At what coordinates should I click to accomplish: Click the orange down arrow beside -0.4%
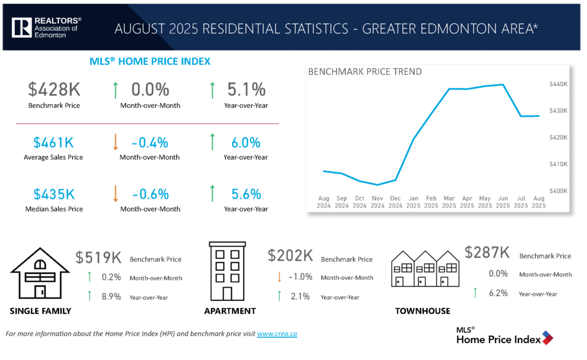(x=115, y=142)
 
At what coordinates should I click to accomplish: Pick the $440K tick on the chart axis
(x=558, y=84)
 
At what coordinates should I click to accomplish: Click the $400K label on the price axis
(x=558, y=190)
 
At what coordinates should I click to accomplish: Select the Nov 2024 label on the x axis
(x=377, y=202)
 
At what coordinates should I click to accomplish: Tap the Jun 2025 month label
(x=502, y=202)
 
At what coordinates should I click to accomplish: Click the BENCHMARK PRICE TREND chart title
(x=365, y=72)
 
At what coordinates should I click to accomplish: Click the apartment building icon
(x=227, y=271)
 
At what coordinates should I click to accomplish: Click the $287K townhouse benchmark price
(x=487, y=253)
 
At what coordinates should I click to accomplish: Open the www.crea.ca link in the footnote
(x=277, y=334)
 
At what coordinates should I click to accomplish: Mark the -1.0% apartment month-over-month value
(x=300, y=277)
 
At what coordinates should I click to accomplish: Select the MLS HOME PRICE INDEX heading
(x=150, y=61)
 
